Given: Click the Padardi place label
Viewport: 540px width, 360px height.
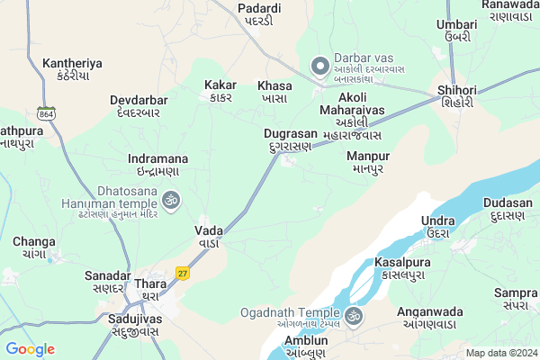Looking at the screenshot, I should click(x=259, y=14).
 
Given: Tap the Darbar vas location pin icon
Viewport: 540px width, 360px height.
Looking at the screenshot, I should click(x=319, y=65).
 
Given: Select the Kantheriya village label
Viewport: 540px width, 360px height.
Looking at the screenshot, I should click(x=71, y=70).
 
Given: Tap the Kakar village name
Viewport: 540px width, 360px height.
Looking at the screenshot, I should click(x=220, y=90).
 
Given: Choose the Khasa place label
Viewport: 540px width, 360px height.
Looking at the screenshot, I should click(x=274, y=90).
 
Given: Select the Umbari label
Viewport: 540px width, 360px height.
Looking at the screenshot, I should click(x=457, y=31).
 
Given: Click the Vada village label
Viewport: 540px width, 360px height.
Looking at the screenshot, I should click(x=209, y=237).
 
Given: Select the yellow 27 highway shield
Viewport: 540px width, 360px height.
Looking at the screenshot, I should click(x=183, y=273).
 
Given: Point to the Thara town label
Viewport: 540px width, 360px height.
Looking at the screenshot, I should click(x=150, y=290).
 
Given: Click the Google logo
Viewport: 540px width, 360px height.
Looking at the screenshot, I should click(x=30, y=348).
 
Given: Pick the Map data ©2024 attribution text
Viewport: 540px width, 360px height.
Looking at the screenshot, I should click(x=499, y=352).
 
